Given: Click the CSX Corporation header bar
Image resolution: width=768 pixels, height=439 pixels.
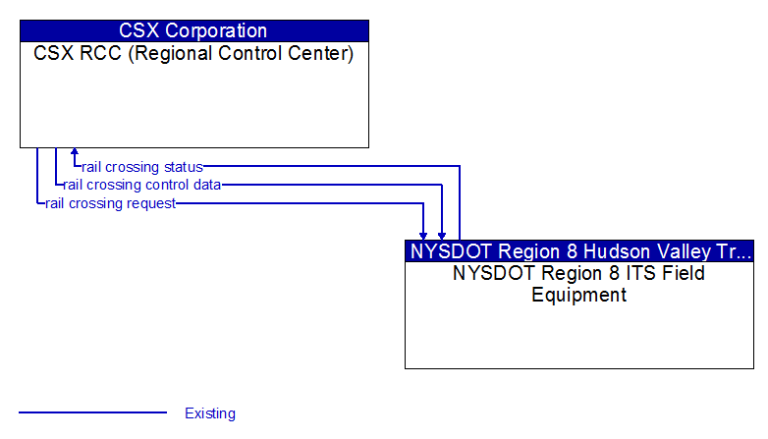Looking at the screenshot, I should [x=194, y=30].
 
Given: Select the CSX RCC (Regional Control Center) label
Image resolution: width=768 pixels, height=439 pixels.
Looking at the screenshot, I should [x=194, y=53].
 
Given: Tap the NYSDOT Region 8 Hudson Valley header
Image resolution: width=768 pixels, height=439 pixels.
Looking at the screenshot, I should [x=579, y=250].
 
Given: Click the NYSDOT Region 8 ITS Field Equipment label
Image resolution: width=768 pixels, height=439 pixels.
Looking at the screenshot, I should [x=579, y=283].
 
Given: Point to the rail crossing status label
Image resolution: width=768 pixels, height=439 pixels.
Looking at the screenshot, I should [x=142, y=167].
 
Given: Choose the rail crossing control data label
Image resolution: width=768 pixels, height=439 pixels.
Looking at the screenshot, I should [x=141, y=185].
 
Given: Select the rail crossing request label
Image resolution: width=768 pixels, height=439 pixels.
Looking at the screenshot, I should [x=111, y=203].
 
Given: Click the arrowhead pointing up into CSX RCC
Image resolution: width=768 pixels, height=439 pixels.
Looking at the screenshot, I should [x=75, y=153].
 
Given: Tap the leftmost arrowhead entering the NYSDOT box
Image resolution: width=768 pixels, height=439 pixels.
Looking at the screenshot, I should [x=423, y=235].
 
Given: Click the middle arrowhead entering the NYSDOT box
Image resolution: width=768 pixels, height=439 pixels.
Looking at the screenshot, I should [x=442, y=235].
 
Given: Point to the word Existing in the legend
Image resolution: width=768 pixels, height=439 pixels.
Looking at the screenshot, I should [x=210, y=413].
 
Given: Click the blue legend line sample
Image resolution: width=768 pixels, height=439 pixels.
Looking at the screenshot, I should [x=93, y=412].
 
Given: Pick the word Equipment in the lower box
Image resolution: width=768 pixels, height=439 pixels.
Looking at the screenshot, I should [x=579, y=294].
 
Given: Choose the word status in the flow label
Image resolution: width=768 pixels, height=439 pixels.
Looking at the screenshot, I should [x=184, y=167].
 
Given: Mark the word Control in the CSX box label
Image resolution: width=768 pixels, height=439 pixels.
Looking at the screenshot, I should [x=253, y=53].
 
